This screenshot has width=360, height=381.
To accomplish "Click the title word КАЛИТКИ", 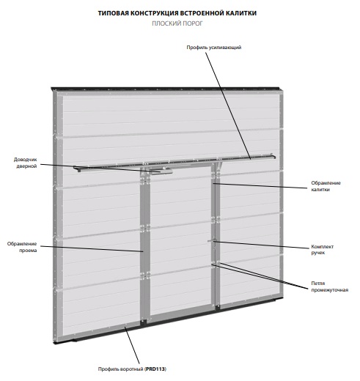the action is point(241,13).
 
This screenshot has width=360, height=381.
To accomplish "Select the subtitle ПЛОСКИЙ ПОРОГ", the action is point(177,23).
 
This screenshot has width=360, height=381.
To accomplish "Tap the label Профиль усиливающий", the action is point(214,48).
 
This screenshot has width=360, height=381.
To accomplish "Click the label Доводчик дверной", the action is point(26,163).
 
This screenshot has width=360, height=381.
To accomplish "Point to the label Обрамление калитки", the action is point(326,186).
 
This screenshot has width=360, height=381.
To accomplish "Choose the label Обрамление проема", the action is point(22,247).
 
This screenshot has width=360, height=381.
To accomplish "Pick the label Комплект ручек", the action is point(323,249).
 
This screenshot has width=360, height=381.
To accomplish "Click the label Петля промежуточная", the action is point(330,286).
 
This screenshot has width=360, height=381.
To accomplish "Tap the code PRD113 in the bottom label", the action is point(155,369).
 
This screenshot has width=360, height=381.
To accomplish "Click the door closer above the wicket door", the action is point(162,172).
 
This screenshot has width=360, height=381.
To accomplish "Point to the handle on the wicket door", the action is point(212,241).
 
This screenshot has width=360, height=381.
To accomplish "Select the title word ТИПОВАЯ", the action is point(113,13).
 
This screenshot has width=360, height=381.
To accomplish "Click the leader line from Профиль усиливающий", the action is point(228,106).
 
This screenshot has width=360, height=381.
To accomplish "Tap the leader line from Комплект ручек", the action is point(261,245).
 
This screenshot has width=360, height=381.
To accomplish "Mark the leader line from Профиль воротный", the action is point(132,345).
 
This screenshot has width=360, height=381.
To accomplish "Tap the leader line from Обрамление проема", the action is point(92,248).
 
